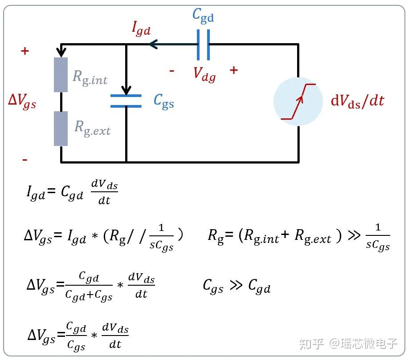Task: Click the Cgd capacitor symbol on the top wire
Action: pyautogui.click(x=203, y=44)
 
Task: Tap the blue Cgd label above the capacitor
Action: pyautogui.click(x=203, y=16)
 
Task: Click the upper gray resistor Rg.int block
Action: pyautogui.click(x=61, y=75)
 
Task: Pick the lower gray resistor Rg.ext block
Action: pyautogui.click(x=61, y=129)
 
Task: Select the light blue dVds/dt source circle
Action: pyautogui.click(x=298, y=101)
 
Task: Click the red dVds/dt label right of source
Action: pyautogui.click(x=357, y=101)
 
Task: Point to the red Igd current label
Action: pyautogui.click(x=141, y=28)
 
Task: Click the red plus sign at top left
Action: pyautogui.click(x=25, y=51)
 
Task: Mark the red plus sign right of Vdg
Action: pyautogui.click(x=233, y=70)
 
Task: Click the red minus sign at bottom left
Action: pyautogui.click(x=25, y=159)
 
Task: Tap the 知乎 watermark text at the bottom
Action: pyautogui.click(x=311, y=344)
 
